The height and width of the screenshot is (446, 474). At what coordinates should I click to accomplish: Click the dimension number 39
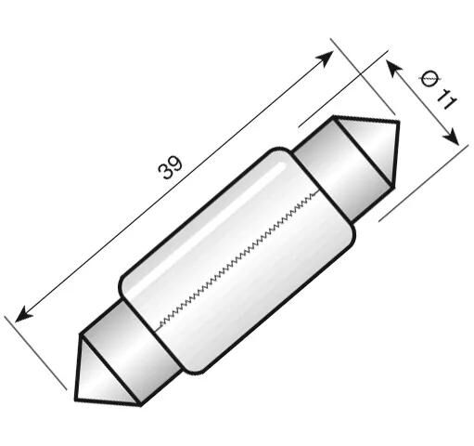point(171,168)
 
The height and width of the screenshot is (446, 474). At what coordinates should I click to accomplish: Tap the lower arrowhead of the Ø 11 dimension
point(452,138)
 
